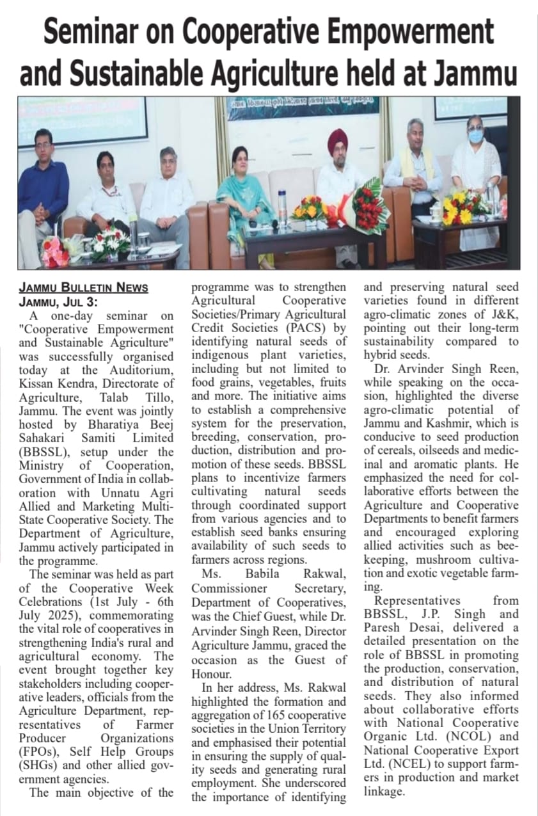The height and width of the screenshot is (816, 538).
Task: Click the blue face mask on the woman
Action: click(475, 136)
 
